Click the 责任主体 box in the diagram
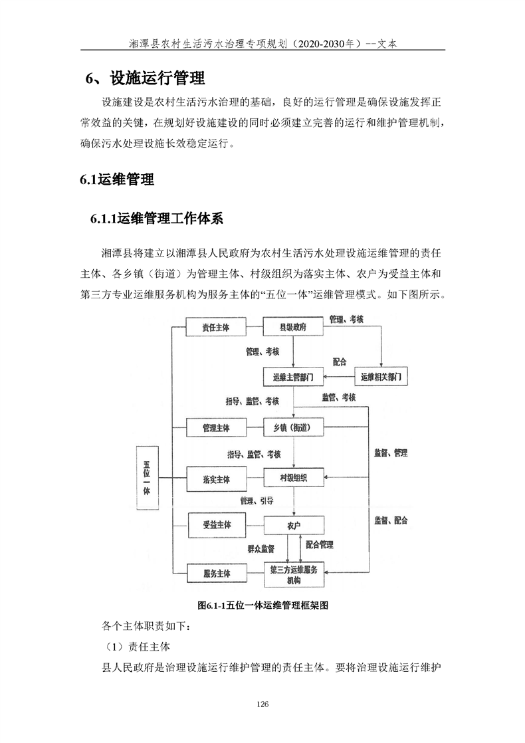click(216, 328)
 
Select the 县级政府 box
click(293, 328)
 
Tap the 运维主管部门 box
click(293, 377)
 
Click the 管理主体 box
click(216, 427)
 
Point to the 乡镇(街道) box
click(293, 427)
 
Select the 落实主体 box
click(216, 478)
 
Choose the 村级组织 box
click(293, 478)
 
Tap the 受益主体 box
click(216, 525)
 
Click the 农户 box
click(293, 525)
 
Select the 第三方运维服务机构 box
click(293, 575)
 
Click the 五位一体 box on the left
click(148, 478)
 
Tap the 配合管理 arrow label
click(320, 545)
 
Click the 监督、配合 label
click(390, 520)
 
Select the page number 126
click(262, 704)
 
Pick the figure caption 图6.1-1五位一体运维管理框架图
click(263, 605)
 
